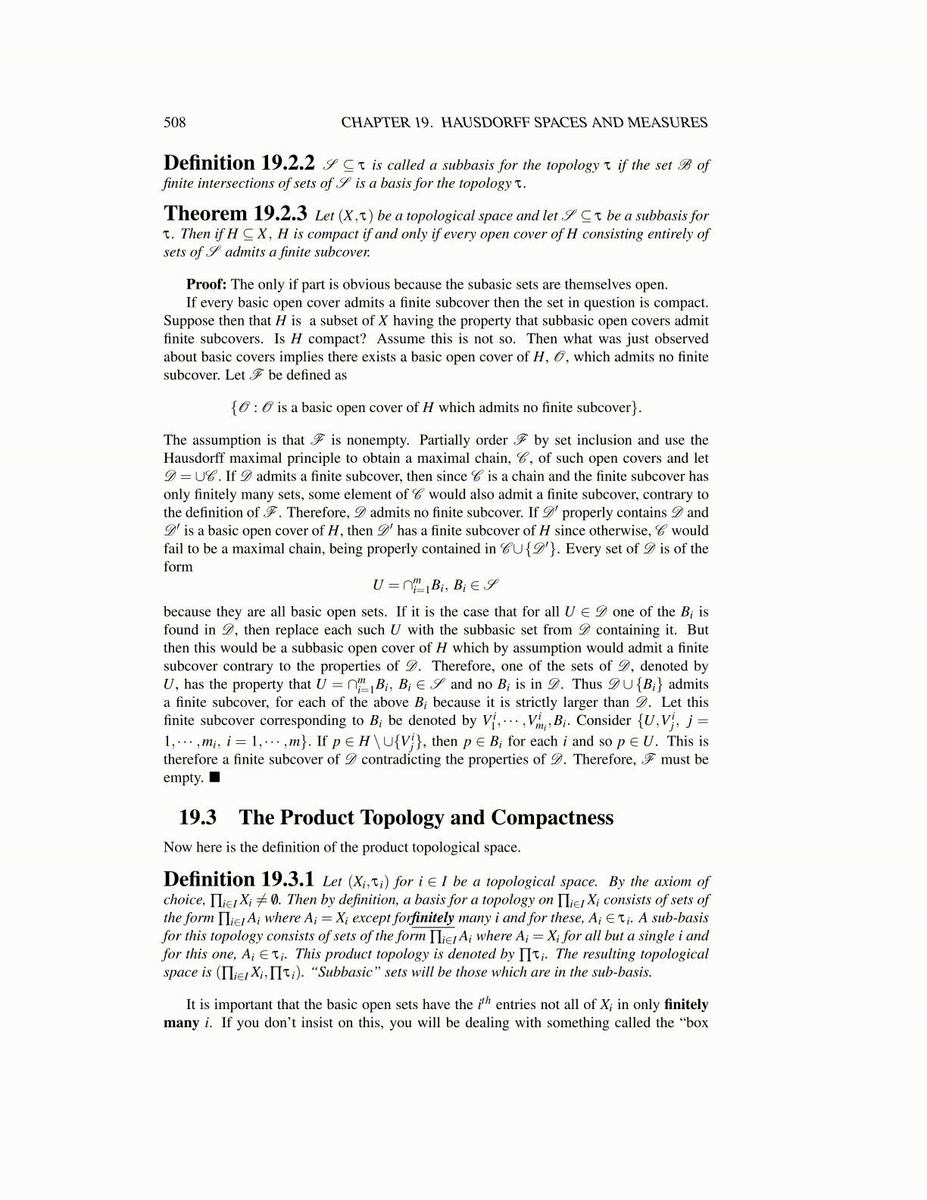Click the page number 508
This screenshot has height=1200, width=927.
[174, 123]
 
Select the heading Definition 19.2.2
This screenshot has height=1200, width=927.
[239, 164]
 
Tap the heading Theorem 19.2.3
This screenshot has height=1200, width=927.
[235, 214]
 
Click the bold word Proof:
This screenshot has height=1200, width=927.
[206, 285]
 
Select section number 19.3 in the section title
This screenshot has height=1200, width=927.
[198, 818]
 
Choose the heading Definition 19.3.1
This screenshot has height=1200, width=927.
[239, 880]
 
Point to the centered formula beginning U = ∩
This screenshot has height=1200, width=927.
[435, 585]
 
